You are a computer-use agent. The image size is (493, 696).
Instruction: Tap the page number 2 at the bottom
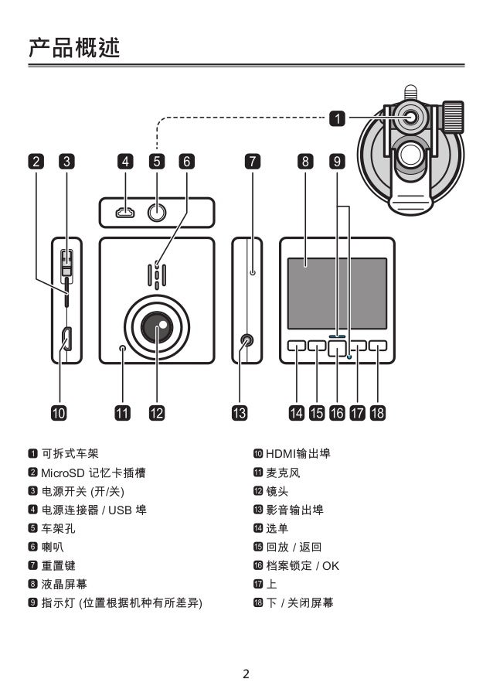coord(246,674)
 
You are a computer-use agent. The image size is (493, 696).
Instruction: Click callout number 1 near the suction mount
coord(338,118)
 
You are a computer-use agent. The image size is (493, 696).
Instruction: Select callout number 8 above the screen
coord(306,162)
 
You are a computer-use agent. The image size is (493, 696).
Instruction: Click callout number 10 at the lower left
coord(59,412)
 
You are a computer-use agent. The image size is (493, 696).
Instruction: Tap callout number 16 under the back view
coord(337,412)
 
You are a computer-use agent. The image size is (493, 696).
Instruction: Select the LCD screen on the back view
coord(337,292)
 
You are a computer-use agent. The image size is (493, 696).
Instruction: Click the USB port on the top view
coord(125,212)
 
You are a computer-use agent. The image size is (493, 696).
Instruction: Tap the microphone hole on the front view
coord(122,350)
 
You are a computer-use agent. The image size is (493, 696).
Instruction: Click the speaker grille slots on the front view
coord(157,275)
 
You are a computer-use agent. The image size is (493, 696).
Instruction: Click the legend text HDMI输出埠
coord(297,453)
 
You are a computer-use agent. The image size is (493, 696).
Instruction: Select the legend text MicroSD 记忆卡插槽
coord(93,473)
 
